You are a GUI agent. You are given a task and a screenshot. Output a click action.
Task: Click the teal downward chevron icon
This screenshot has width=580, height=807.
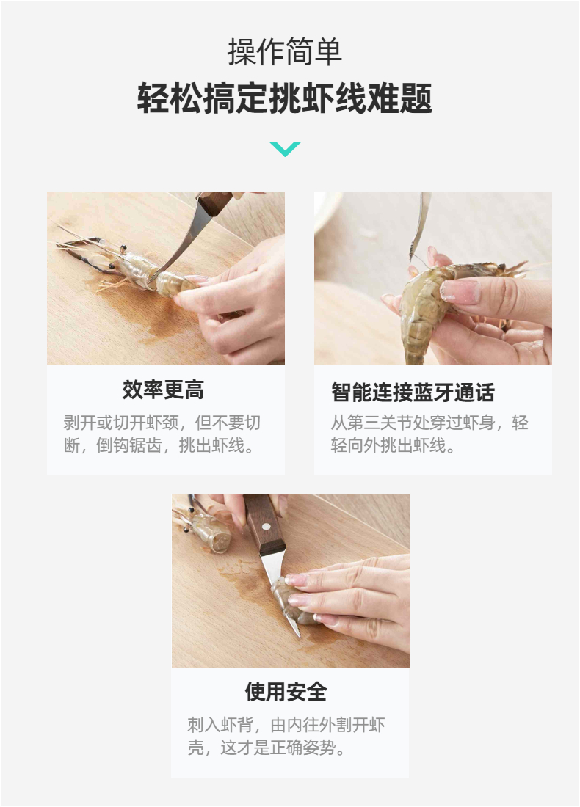click(285, 148)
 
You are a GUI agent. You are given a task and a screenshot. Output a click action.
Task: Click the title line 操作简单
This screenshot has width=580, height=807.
click(285, 51)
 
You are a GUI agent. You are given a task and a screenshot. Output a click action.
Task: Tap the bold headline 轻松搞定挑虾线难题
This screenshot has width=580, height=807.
click(285, 98)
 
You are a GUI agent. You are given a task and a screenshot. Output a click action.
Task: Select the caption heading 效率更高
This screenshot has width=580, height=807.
click(163, 390)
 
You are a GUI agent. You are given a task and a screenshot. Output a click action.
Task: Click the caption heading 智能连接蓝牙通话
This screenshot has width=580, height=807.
click(413, 392)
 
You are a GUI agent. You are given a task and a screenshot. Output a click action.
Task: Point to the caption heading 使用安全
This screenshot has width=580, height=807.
click(286, 691)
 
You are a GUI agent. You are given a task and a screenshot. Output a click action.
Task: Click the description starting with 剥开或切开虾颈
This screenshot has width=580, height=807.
click(162, 434)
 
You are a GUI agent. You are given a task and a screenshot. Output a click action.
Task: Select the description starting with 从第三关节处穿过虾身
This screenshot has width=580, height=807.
click(429, 434)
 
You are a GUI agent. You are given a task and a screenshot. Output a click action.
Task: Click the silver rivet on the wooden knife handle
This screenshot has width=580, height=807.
click(265, 526)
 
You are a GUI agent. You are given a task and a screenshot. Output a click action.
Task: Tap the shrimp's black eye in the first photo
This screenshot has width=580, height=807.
click(112, 266)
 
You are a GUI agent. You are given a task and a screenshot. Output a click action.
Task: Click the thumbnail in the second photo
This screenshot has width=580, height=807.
click(458, 291)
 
